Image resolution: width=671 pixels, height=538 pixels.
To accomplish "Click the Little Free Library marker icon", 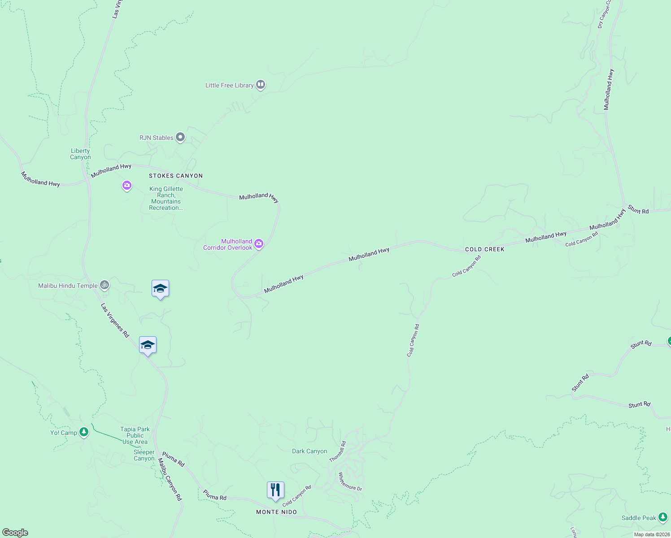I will click(261, 85).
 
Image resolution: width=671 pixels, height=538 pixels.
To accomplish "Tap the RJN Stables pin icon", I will click(180, 137).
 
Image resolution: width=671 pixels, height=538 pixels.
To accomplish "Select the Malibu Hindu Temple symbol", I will click(104, 285).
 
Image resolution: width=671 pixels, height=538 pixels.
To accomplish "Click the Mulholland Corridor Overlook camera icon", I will click(259, 244).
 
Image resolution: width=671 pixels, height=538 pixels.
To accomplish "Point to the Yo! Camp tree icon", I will click(83, 432).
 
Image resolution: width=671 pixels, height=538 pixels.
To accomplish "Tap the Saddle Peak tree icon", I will click(663, 518).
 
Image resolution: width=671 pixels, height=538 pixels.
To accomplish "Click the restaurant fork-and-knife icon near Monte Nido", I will click(275, 490).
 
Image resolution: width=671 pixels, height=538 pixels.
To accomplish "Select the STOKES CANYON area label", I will click(176, 176).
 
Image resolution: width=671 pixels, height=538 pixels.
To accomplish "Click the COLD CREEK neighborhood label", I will click(485, 249).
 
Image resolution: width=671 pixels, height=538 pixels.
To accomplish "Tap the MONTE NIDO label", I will click(276, 512).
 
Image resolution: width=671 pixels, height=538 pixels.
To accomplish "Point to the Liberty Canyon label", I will click(80, 154).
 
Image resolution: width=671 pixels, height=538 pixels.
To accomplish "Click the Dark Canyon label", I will click(309, 451).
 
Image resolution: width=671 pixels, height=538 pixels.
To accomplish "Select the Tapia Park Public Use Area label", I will click(135, 435).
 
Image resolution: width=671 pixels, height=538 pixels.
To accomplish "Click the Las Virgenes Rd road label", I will click(115, 320).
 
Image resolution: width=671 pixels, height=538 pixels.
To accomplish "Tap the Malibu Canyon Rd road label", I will click(170, 482).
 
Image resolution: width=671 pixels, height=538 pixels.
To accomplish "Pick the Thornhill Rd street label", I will click(338, 451).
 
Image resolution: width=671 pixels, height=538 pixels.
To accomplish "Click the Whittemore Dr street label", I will click(350, 482).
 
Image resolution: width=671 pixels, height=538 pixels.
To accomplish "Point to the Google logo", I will click(15, 533).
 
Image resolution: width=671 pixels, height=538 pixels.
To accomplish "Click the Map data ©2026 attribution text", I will click(652, 534).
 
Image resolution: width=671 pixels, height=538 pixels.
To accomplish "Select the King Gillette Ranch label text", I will click(166, 198).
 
